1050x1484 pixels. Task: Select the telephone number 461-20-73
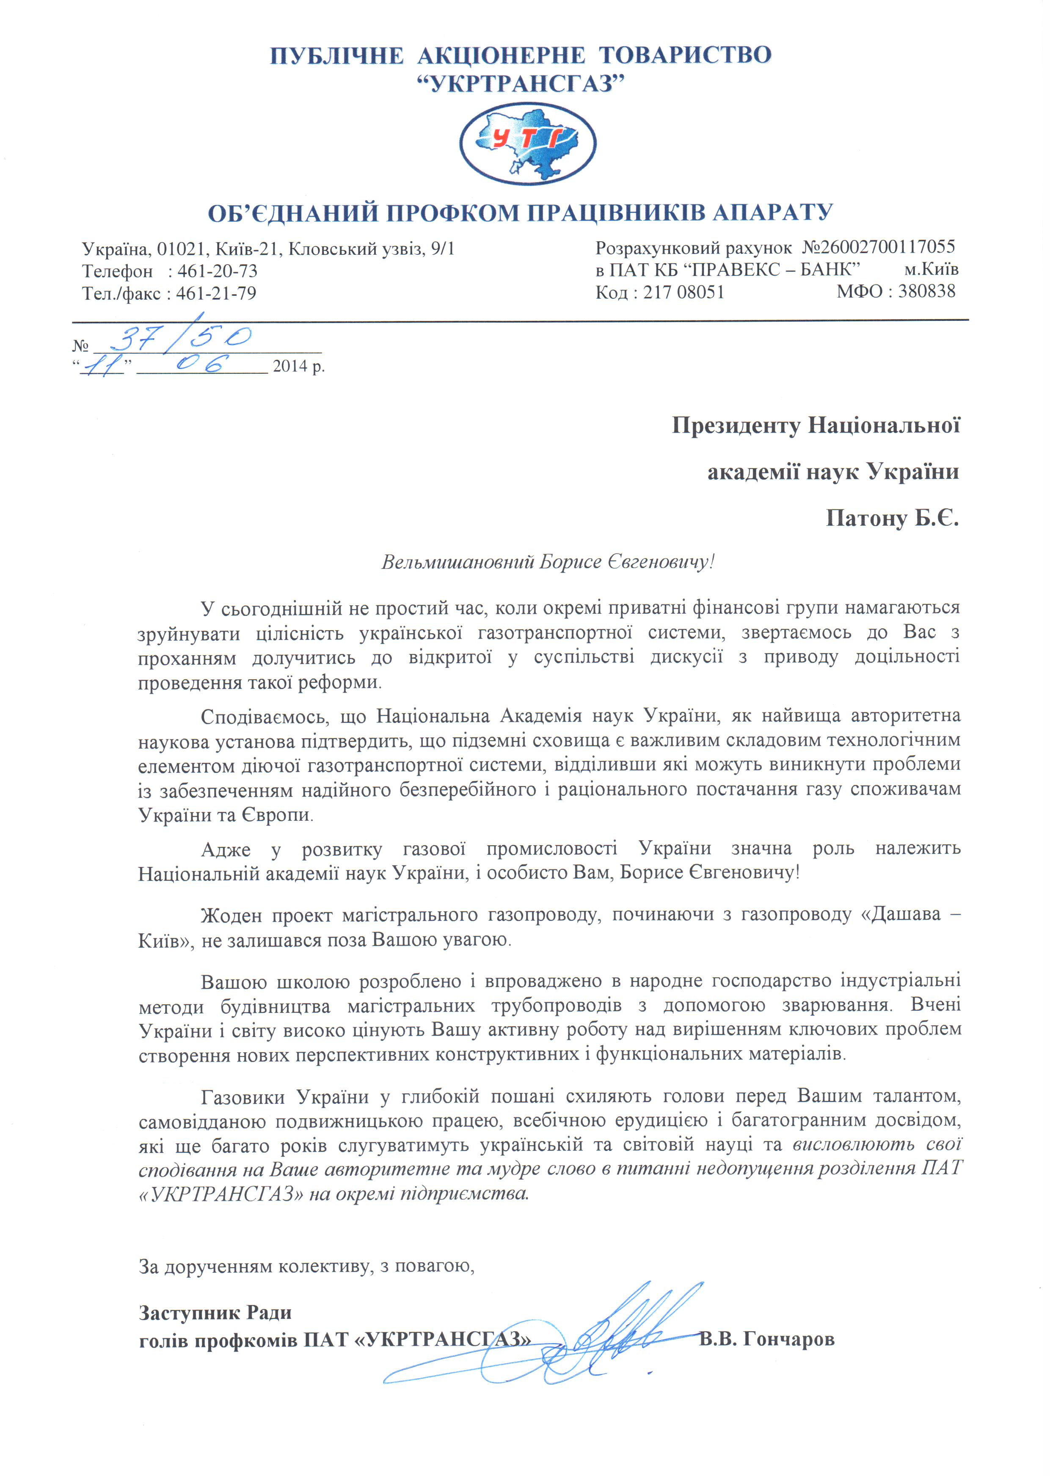pyautogui.click(x=217, y=270)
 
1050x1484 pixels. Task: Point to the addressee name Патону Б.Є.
pyautogui.click(x=892, y=518)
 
